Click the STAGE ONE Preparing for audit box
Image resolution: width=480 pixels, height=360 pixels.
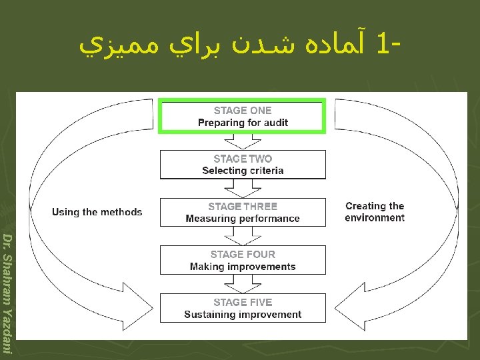243,117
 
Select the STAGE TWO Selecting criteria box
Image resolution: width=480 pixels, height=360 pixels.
243,165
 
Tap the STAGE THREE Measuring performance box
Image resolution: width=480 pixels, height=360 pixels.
243,213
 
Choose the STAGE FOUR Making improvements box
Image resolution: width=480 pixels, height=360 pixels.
243,260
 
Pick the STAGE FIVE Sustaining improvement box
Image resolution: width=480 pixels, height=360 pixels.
243,308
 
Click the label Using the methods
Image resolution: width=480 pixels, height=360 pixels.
97,212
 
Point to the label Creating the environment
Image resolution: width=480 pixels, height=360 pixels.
375,212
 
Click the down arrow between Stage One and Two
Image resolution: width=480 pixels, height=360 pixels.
243,141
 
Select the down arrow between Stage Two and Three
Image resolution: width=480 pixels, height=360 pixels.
243,189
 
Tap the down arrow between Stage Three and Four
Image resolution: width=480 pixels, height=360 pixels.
243,237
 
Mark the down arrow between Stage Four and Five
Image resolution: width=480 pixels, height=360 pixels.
243,285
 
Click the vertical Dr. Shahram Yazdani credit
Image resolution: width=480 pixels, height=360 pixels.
7,293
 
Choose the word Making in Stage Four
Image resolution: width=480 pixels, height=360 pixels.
206,267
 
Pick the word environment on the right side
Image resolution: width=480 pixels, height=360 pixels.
375,218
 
